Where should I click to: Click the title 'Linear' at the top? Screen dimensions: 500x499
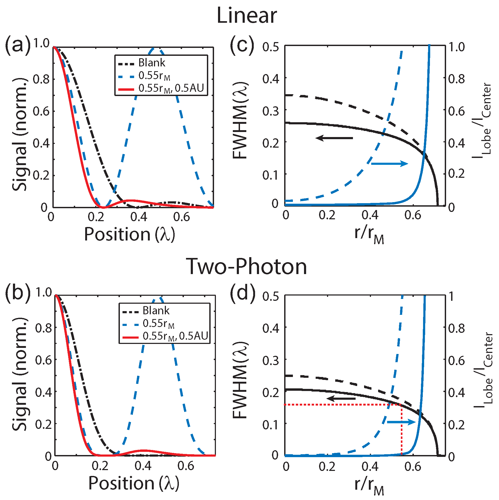tap(247, 16)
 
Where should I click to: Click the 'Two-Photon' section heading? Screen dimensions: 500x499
tap(247, 266)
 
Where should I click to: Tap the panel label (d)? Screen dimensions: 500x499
tap(242, 294)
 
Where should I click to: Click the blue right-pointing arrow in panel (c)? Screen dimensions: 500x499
tap(389, 164)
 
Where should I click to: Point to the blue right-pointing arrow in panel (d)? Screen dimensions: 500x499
tap(401, 422)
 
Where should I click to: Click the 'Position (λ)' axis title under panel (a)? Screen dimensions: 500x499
tap(130, 234)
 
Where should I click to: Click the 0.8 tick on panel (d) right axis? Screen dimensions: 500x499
tap(456, 329)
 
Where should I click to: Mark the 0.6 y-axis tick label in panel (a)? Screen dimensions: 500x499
tap(41, 111)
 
